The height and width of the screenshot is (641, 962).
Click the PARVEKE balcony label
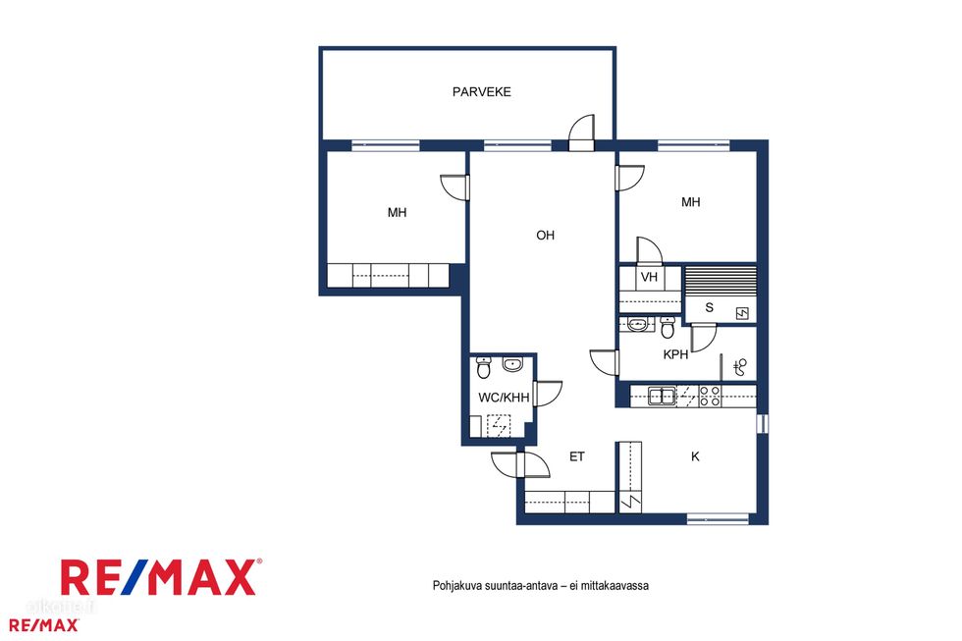[x=482, y=92]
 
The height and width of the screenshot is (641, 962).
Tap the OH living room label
[x=546, y=235]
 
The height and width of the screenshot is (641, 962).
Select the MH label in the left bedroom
[x=397, y=213]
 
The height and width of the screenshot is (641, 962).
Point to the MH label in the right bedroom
[x=691, y=202]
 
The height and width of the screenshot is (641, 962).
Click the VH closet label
[x=649, y=277]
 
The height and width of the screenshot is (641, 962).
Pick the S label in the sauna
[x=709, y=307]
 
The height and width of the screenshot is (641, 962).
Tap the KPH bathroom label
[x=675, y=354]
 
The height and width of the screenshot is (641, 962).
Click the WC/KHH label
[x=504, y=398]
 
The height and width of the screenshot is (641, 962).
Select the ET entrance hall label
[x=577, y=456]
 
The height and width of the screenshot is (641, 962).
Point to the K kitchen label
[x=695, y=456]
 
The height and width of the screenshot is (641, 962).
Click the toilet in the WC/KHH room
[x=483, y=367]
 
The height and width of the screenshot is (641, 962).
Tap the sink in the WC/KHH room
[x=511, y=364]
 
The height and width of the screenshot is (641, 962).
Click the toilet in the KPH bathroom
[x=668, y=328]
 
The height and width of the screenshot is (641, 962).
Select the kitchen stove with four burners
[x=710, y=397]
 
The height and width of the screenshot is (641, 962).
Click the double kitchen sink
[x=662, y=397]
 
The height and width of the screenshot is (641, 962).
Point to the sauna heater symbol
[x=742, y=314]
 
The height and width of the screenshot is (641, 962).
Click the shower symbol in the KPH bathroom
[x=740, y=367]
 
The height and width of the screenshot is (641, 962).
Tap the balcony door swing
[x=581, y=131]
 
